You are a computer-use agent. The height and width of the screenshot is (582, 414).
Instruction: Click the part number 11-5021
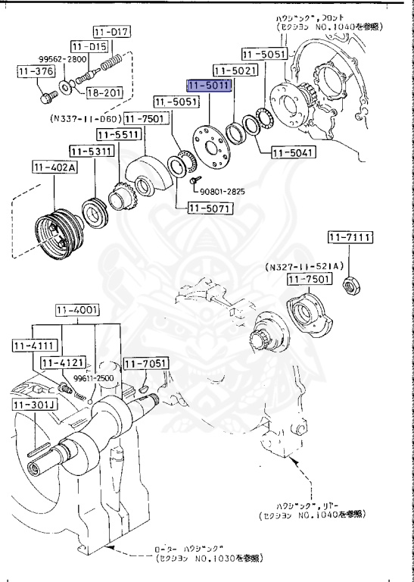point(234,70)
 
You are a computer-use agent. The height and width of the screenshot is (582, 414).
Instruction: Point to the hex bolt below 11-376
point(45,97)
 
